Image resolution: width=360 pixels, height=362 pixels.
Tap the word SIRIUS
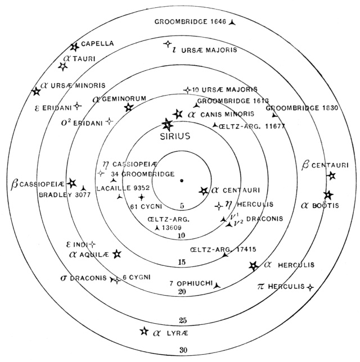tap(175, 136)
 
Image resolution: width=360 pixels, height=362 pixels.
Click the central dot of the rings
tap(182, 181)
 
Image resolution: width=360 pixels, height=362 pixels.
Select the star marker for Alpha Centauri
tap(203, 191)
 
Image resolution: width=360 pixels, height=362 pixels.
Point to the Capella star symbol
tap(74, 47)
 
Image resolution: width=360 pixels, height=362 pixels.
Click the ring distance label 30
tap(181, 351)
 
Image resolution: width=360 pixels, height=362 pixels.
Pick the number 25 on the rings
tap(181, 321)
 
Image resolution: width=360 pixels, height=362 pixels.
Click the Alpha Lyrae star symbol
tap(144, 332)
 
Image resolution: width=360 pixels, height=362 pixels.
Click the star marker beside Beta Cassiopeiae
tap(71, 183)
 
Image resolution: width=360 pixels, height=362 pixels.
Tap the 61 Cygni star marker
tap(141, 197)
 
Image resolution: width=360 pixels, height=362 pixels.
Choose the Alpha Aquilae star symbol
tap(117, 254)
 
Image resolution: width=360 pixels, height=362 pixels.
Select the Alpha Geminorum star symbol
tap(129, 107)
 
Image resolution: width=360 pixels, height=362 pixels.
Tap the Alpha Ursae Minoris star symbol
tap(37, 91)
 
